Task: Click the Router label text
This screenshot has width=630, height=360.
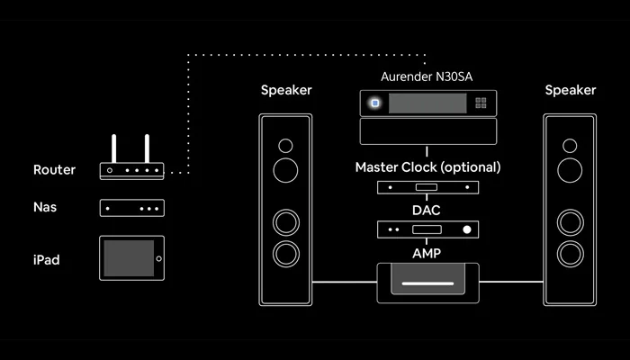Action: (x=54, y=169)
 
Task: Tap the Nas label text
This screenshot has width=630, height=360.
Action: (x=46, y=207)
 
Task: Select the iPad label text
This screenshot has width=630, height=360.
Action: (x=48, y=260)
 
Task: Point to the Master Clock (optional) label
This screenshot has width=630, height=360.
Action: (x=427, y=167)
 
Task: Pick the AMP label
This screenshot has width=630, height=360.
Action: (x=427, y=254)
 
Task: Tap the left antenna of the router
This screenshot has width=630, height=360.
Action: (x=114, y=148)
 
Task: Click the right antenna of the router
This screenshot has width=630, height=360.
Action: (x=146, y=148)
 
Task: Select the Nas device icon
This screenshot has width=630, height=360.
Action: (x=131, y=208)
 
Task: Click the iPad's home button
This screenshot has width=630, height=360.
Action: (x=157, y=259)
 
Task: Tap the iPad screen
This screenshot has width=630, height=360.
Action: (x=127, y=259)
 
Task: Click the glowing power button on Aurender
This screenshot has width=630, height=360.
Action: (x=374, y=103)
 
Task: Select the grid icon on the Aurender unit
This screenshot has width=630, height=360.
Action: (x=481, y=103)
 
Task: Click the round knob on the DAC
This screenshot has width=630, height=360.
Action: (x=466, y=230)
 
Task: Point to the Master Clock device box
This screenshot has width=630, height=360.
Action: (x=427, y=188)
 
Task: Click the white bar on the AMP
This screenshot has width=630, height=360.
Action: (x=427, y=283)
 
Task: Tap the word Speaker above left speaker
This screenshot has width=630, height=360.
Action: (x=285, y=90)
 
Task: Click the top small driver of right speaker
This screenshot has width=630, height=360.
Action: (x=570, y=144)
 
